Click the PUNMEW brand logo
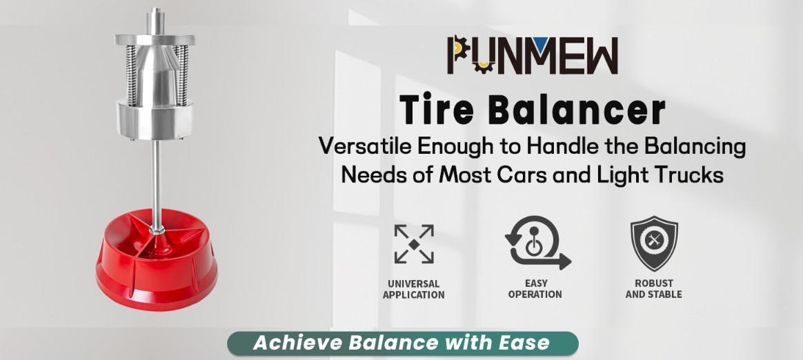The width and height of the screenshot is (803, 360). click(x=532, y=56)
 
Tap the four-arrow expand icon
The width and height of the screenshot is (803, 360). click(x=414, y=243)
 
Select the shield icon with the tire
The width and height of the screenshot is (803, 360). click(x=654, y=243)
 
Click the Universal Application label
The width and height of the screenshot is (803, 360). click(x=414, y=289)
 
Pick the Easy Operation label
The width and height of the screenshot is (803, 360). click(x=535, y=288)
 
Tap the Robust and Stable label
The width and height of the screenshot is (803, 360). click(x=654, y=288)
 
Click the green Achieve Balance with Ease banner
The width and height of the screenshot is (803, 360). click(x=402, y=343)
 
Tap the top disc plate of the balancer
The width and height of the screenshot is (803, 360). click(x=155, y=40)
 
